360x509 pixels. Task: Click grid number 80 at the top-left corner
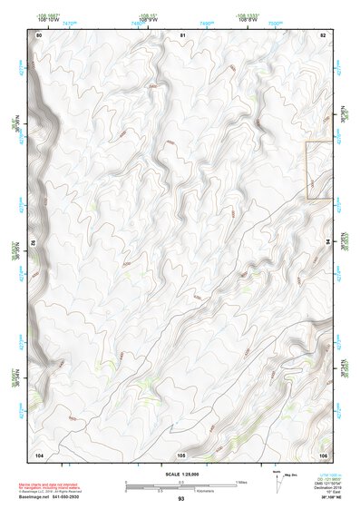coord(39,34)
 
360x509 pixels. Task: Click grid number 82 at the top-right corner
coord(323,34)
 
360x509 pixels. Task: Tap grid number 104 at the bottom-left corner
coord(39,453)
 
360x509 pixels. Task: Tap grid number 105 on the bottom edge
coord(181,453)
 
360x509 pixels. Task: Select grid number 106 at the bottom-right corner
coord(323,453)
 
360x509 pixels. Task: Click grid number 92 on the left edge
coord(35,243)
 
